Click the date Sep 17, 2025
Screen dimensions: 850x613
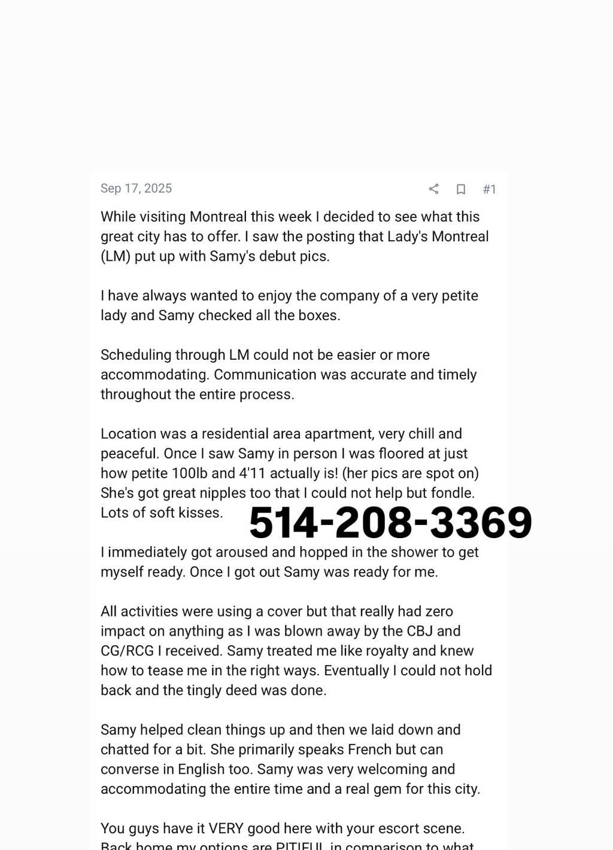(x=136, y=189)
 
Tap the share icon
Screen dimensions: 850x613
(x=434, y=189)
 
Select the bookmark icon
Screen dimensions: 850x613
(x=461, y=189)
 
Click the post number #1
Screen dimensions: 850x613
(x=489, y=189)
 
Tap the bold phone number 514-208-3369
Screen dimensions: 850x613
(x=390, y=522)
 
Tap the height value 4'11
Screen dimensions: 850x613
(x=251, y=473)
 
